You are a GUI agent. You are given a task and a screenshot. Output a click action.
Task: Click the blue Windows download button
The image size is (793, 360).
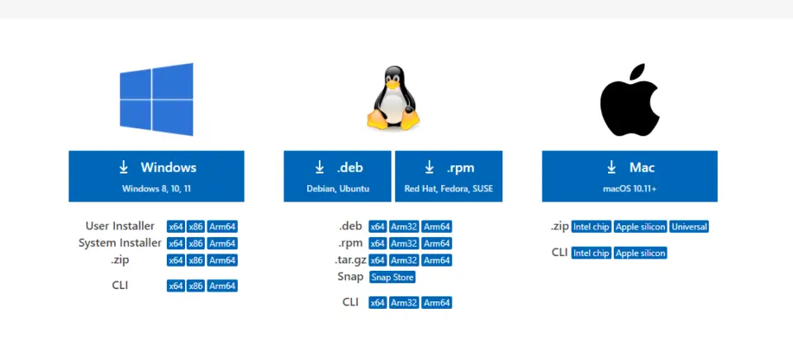click(156, 176)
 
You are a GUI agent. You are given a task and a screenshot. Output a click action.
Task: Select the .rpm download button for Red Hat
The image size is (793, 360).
click(449, 176)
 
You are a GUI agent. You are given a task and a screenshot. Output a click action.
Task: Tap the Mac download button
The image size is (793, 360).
click(629, 176)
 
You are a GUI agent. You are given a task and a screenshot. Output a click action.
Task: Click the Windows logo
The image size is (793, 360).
click(156, 99)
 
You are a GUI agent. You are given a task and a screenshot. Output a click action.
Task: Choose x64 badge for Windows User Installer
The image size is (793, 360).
click(176, 226)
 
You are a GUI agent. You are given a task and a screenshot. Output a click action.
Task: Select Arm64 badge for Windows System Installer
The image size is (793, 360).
click(222, 244)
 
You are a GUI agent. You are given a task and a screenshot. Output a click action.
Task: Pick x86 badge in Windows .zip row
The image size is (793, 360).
click(196, 260)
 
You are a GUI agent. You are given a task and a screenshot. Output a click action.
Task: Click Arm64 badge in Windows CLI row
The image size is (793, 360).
click(222, 286)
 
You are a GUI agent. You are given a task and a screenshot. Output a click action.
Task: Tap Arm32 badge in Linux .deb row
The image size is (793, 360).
click(404, 226)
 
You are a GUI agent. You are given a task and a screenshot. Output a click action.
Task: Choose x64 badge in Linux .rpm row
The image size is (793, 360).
click(378, 244)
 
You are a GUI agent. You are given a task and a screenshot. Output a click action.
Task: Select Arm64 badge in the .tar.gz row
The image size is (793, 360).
click(437, 260)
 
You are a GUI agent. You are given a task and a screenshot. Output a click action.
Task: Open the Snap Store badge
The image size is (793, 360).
click(392, 277)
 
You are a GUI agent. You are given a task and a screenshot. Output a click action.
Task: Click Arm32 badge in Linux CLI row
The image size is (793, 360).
click(404, 303)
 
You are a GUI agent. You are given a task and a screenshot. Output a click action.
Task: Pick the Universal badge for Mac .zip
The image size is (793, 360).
click(690, 226)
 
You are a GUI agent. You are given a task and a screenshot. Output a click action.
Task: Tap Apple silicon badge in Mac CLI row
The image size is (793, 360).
click(640, 253)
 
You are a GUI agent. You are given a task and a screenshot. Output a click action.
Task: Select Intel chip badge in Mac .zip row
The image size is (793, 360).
click(591, 226)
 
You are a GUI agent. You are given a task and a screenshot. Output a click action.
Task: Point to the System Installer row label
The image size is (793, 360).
click(120, 243)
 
